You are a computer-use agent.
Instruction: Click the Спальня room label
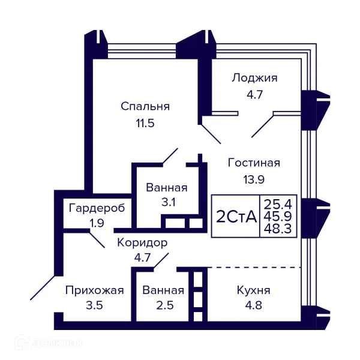(x=145, y=106)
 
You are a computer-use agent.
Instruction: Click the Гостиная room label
(x=254, y=163)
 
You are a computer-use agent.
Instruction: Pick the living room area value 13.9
(x=254, y=178)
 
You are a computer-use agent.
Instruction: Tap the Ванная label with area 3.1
(x=166, y=187)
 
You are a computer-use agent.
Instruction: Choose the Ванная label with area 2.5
(x=163, y=290)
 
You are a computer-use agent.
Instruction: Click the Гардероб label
(x=97, y=208)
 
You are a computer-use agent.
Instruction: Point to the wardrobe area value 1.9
(x=97, y=223)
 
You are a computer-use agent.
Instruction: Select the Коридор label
(x=142, y=243)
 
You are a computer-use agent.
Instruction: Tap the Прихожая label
(x=94, y=290)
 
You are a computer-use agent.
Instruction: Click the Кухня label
(x=254, y=290)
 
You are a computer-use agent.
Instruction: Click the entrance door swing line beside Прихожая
(x=43, y=287)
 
